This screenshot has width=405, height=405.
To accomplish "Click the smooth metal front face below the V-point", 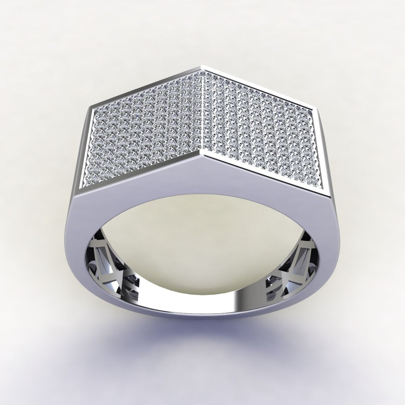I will [x=202, y=202].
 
